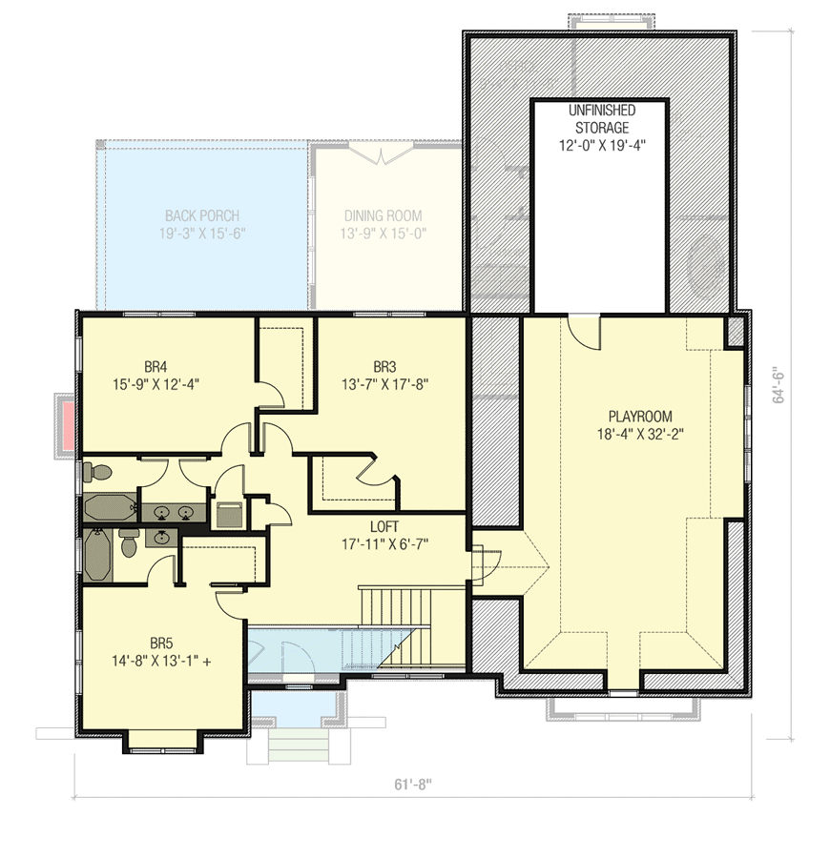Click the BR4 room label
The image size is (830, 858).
pos(156,366)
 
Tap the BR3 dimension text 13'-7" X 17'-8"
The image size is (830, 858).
pos(384,384)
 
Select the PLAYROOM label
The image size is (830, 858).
pos(640,417)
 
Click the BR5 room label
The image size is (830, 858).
pos(158,643)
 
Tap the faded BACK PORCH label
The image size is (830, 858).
pos(201,216)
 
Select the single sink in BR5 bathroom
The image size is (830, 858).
pos(162,539)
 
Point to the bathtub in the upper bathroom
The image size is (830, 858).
pos(108,507)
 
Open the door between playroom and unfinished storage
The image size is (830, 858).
pos(583,329)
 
